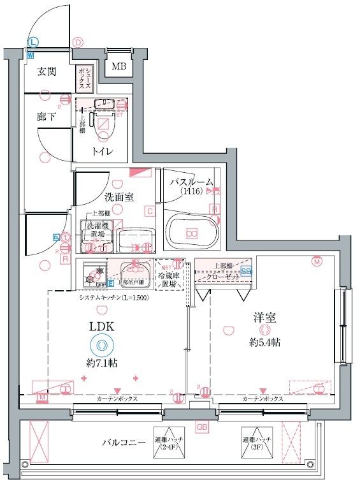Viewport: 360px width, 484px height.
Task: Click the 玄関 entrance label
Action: coord(47,72)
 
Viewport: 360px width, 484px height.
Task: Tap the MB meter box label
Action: coord(119,66)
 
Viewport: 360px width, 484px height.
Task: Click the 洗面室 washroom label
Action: coord(119,196)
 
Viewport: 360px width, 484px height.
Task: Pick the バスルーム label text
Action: coord(191,182)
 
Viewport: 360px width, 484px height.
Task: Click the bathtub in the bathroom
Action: coord(192,233)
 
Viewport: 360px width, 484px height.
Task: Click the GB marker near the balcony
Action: coord(202,427)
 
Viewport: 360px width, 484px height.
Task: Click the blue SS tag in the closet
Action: coord(246,270)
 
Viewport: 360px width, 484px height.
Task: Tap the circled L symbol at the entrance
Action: coord(32,42)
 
